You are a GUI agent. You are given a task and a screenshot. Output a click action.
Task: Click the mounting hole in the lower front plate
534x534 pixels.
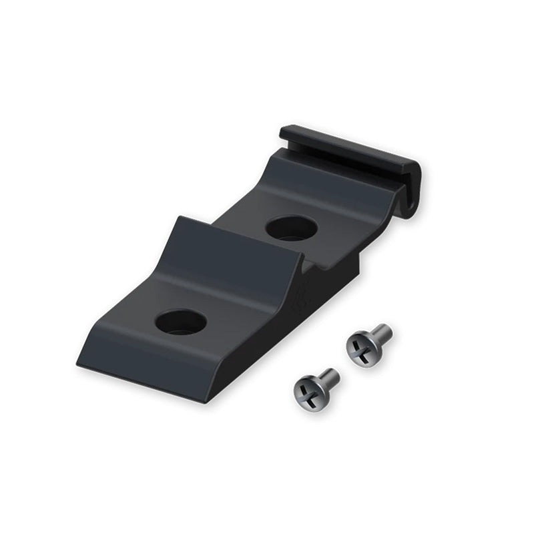tap(181, 322)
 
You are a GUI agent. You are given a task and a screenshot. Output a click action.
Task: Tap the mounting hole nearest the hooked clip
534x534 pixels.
tap(291, 227)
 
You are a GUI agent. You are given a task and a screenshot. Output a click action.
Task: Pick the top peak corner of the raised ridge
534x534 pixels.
tap(178, 217)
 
